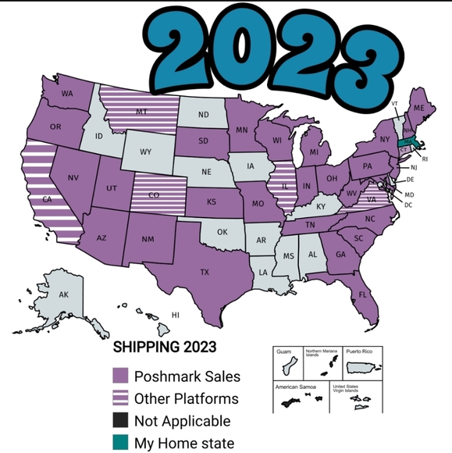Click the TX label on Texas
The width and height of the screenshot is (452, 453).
[205, 273]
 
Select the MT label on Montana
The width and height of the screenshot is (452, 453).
[141, 112]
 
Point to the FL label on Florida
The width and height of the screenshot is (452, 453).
[363, 294]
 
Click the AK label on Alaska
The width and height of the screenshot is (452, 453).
[63, 294]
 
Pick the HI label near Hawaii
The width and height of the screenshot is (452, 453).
[176, 315]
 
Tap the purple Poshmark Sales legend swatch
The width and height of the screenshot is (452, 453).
[120, 376]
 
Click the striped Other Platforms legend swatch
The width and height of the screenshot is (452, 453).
[120, 398]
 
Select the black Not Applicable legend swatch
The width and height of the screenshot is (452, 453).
[120, 421]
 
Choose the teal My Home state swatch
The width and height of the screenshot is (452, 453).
[120, 443]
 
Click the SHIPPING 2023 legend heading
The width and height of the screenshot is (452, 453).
[165, 345]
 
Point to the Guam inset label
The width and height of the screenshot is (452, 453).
[283, 352]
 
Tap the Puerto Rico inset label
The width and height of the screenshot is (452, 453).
[360, 352]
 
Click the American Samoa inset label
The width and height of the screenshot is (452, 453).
[293, 387]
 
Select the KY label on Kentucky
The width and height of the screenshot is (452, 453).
[320, 206]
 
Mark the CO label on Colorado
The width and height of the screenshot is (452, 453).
[154, 194]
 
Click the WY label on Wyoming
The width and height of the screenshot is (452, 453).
[145, 152]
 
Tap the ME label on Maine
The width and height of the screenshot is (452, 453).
[418, 107]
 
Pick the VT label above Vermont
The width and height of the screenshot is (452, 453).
[394, 104]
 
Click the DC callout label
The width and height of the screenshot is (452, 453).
[408, 205]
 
